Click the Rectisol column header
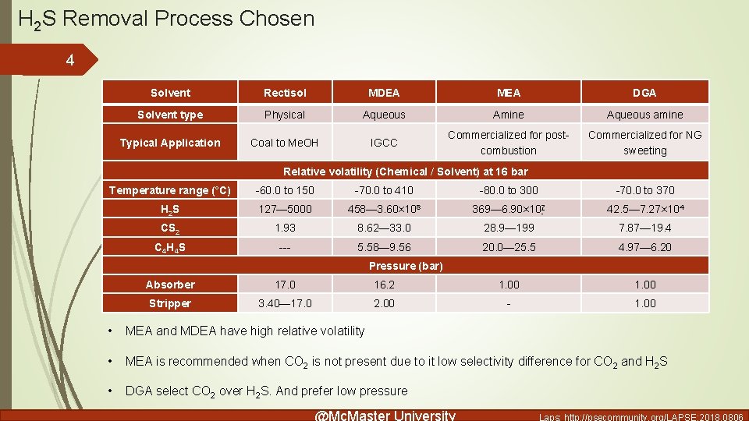[x=285, y=93]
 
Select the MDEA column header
[x=384, y=93]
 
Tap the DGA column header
[x=644, y=93]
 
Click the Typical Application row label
[x=170, y=143]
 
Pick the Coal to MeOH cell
[x=285, y=143]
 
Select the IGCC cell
[x=384, y=143]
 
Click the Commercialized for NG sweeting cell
[x=644, y=143]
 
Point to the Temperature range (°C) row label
[x=170, y=190]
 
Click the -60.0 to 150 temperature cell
[x=285, y=190]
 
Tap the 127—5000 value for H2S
[x=285, y=209]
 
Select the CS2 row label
[x=170, y=228]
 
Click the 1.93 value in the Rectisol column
[x=285, y=228]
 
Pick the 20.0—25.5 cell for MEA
[x=509, y=247]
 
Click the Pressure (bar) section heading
[x=406, y=266]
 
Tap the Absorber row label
[x=170, y=285]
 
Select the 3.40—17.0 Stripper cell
[x=285, y=303]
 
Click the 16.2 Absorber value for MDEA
[x=384, y=285]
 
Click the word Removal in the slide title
[x=105, y=18]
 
